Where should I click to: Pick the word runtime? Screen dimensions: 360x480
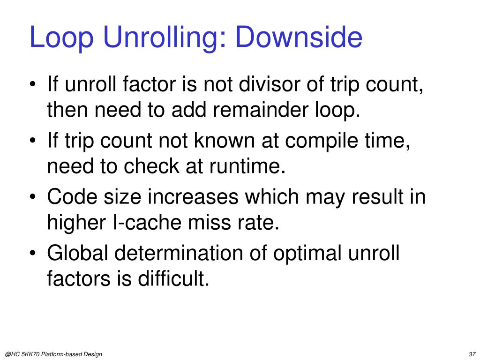[248, 167]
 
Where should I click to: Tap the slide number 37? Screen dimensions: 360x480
[472, 353]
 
